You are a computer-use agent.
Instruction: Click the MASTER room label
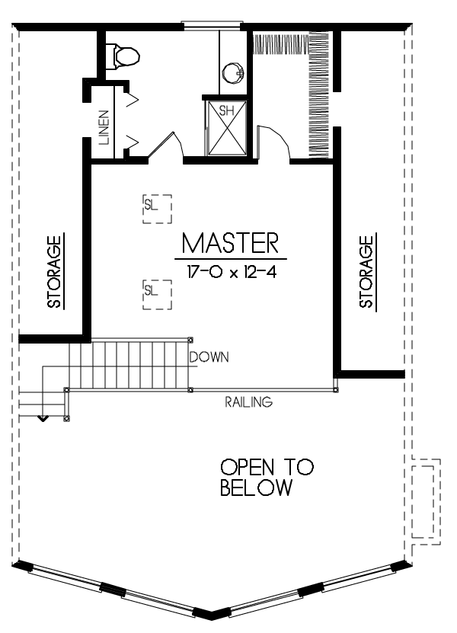(x=230, y=243)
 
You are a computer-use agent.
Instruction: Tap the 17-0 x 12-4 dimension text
(x=232, y=272)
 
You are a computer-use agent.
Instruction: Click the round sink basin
(x=233, y=73)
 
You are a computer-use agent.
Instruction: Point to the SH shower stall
(x=226, y=127)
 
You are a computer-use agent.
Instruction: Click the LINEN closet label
(x=104, y=127)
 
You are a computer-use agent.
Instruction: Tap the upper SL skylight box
(x=157, y=209)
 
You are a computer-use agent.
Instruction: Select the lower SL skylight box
(x=157, y=295)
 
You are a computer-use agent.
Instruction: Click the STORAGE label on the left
(x=54, y=272)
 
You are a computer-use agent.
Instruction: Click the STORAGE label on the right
(x=366, y=272)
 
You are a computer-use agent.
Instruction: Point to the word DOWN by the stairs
(x=209, y=356)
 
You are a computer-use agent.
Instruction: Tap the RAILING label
(x=249, y=402)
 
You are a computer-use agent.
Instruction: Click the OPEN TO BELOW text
(x=267, y=477)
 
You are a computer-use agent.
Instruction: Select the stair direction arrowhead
(x=43, y=419)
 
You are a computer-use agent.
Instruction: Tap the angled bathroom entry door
(x=166, y=145)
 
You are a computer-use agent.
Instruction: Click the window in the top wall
(x=213, y=25)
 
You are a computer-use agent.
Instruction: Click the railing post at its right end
(x=336, y=390)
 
